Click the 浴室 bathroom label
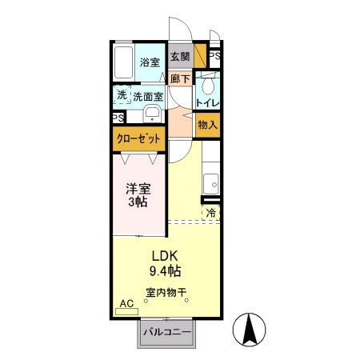[150, 62]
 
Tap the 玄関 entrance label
[180, 57]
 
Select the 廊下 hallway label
[180, 78]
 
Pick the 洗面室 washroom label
[148, 96]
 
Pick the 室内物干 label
[166, 293]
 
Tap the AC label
[126, 303]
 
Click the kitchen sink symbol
[210, 178]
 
